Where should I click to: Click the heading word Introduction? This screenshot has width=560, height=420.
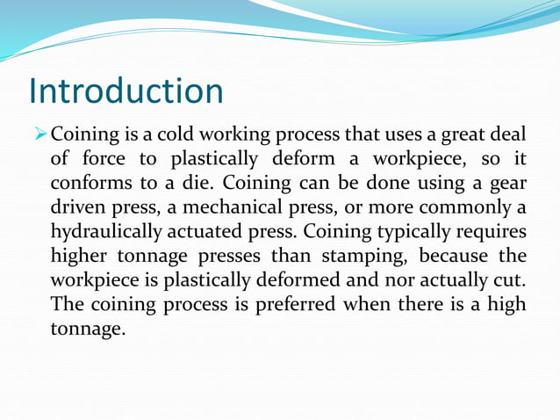point(126,91)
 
